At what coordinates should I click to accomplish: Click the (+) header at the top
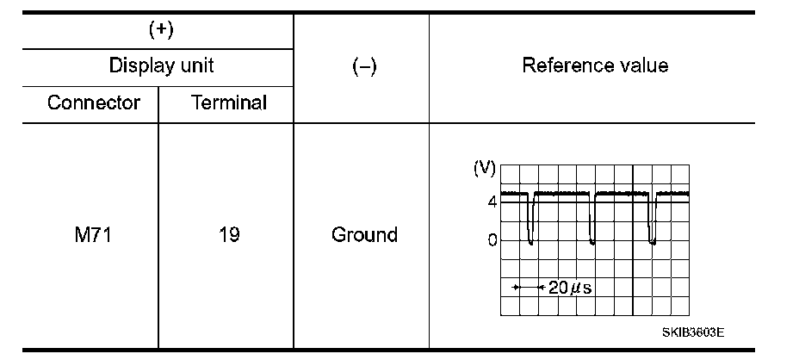click(x=161, y=29)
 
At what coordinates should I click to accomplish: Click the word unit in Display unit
click(x=192, y=65)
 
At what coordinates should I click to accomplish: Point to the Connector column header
click(x=94, y=103)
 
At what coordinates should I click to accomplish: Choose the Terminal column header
click(x=228, y=103)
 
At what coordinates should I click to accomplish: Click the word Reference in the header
click(x=566, y=65)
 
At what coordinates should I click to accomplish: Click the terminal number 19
click(x=227, y=234)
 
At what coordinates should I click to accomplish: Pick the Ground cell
click(x=364, y=234)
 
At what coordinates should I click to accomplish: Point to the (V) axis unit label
click(x=485, y=168)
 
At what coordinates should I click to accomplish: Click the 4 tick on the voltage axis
click(x=492, y=202)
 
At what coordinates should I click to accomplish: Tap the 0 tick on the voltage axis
click(x=492, y=240)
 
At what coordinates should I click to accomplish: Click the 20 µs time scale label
click(x=565, y=287)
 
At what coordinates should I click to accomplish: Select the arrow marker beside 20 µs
click(x=526, y=287)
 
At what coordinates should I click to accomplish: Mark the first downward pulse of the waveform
click(x=530, y=220)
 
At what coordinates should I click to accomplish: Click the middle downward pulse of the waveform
click(x=592, y=220)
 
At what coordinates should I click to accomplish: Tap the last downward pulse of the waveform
click(x=652, y=220)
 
